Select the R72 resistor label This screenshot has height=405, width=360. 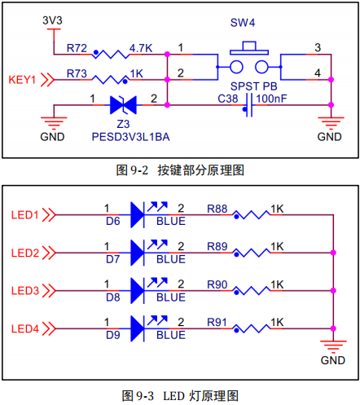click(77, 48)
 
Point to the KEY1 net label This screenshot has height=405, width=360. click(23, 80)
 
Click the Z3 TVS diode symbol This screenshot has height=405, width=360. click(121, 104)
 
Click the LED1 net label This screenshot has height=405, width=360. click(25, 215)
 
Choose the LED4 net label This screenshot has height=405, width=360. click(25, 328)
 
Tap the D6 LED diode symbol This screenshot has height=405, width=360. click(136, 215)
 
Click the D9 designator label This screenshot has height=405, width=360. click(112, 335)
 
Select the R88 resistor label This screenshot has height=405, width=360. click(217, 209)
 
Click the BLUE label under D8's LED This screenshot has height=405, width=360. click(170, 297)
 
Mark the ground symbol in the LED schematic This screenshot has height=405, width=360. click(333, 344)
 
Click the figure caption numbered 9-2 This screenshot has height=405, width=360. click(180, 170)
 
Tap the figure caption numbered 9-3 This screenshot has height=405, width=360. click(180, 395)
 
